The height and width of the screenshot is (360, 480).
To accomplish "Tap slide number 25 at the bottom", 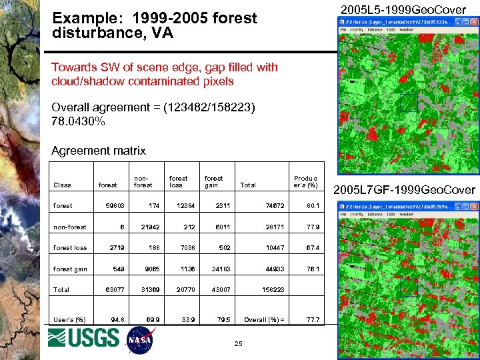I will click(x=238, y=343).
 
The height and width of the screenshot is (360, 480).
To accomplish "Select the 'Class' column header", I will click(x=62, y=185).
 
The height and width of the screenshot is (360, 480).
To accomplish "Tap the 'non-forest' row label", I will click(x=70, y=227).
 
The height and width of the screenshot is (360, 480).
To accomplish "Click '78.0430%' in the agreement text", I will click(x=78, y=122).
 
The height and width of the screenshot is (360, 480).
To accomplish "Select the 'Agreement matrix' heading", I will click(x=98, y=151).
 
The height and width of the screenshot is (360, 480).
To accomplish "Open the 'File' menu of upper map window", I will click(x=344, y=29).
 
